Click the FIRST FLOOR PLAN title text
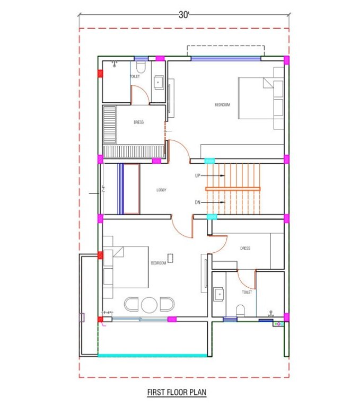tap(177, 393)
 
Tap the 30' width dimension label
tap(184, 15)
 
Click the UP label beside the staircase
tap(198, 175)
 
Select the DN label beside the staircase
tap(198, 202)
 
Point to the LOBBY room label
tap(162, 190)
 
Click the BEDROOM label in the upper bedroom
tap(222, 105)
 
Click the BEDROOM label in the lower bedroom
tap(159, 263)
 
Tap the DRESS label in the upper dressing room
tap(138, 122)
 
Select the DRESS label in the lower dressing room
tap(244, 248)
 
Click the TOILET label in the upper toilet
tap(135, 77)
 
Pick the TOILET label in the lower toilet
tap(247, 292)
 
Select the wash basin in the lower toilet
tap(218, 293)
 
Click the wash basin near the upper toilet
tap(159, 83)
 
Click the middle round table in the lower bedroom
tap(149, 304)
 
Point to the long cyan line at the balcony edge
tap(152, 355)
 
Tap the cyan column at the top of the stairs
tap(210, 161)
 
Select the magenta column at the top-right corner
tap(287, 60)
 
